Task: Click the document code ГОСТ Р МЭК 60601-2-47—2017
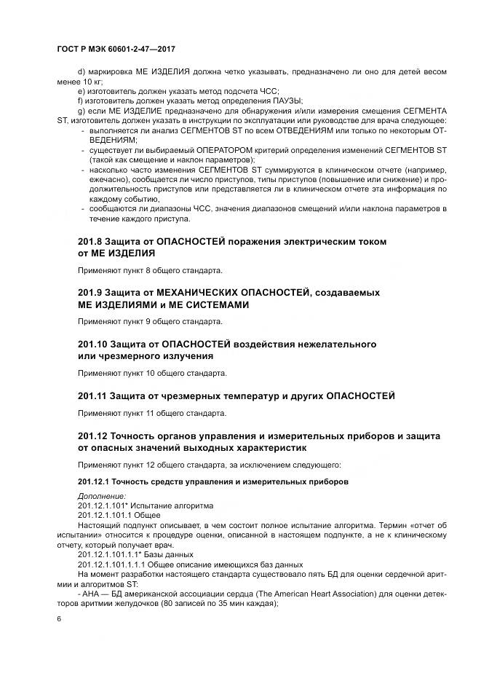116,49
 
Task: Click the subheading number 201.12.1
94,482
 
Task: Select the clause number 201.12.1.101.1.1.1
114,564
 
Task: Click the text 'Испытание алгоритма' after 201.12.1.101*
173,505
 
